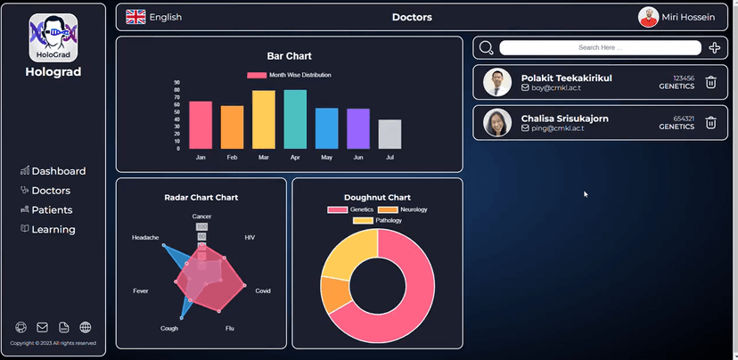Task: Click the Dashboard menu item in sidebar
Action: pos(53,171)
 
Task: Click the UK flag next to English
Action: pos(135,17)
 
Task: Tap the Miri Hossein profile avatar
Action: pos(648,17)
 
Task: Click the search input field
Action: pos(599,48)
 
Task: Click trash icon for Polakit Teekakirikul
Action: pos(710,83)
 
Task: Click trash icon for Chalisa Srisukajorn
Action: pos(710,123)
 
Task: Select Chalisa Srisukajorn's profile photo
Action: pos(496,123)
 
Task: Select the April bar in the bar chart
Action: pos(295,119)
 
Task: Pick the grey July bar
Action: pos(389,134)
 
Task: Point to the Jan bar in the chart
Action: pos(201,125)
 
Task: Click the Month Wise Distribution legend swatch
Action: pos(257,75)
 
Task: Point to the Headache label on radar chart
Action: pos(145,238)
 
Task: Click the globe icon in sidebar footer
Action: pos(86,328)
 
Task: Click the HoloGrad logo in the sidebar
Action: pos(53,37)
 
